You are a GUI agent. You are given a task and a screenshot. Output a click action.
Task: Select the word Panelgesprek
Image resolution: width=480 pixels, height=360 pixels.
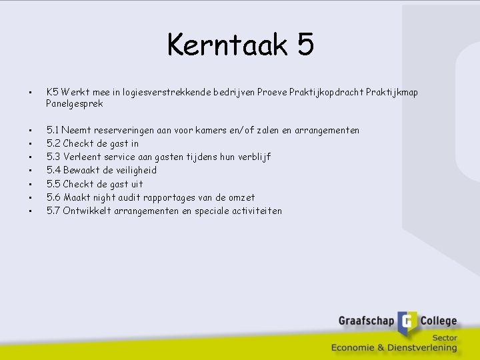pos(75,104)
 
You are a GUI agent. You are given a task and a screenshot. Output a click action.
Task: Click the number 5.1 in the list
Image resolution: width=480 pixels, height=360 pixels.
pos(53,130)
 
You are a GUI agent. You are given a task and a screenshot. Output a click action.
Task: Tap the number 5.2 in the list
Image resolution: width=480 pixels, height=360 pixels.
pos(53,143)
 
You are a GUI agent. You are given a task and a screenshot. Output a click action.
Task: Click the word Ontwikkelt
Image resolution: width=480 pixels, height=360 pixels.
pos(89,211)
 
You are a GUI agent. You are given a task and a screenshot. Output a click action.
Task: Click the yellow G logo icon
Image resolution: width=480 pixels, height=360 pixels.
pos(407,323)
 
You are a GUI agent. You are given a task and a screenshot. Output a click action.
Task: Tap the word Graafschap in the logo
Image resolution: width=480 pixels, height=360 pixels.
pos(367,321)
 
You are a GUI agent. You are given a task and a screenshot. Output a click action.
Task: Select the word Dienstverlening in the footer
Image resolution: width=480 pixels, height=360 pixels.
pos(420,347)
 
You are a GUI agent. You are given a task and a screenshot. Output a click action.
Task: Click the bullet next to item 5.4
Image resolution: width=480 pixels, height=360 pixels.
pos(29,171)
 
